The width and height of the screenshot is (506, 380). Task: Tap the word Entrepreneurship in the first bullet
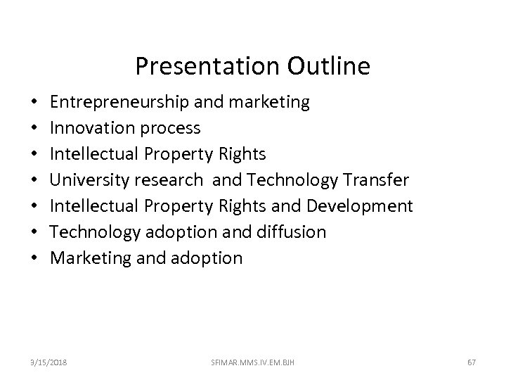(x=116, y=103)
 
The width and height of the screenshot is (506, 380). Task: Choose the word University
(x=89, y=180)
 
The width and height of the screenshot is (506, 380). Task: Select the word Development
(x=361, y=206)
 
